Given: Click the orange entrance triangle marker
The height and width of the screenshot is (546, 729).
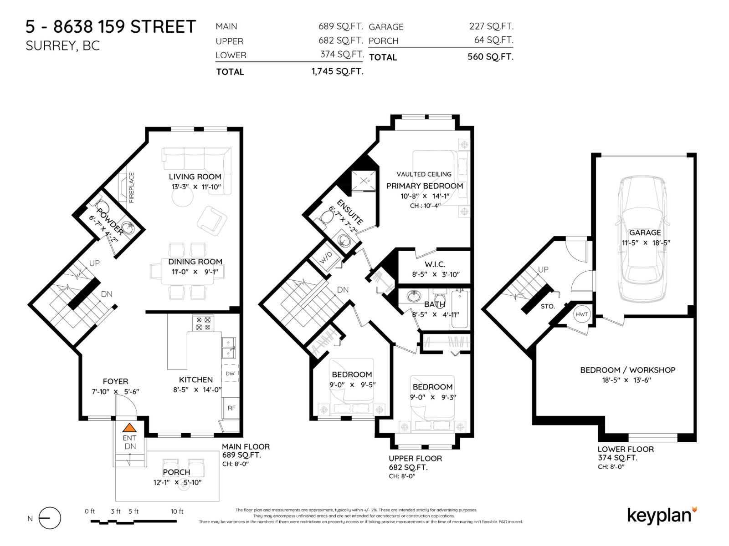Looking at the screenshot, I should (x=129, y=428).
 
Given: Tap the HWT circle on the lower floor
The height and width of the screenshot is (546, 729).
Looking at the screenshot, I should (x=582, y=314).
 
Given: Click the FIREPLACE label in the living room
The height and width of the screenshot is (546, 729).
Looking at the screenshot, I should (x=132, y=187).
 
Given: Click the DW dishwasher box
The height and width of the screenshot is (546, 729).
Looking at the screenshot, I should (x=230, y=374).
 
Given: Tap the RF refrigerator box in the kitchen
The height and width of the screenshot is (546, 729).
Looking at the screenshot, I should (x=231, y=408).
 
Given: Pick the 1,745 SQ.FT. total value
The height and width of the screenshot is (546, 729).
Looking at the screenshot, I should (x=337, y=71).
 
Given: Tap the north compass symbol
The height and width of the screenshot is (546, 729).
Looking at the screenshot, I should (x=49, y=518).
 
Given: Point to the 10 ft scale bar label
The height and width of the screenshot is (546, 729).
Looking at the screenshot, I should (x=177, y=511).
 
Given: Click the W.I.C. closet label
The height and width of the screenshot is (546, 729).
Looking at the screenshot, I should (x=434, y=264).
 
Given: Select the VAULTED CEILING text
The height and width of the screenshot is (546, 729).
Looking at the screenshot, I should (x=424, y=174).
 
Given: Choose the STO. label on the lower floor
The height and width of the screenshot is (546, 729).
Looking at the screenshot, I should (x=548, y=306).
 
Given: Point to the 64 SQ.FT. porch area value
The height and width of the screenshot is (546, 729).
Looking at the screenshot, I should (x=493, y=40).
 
